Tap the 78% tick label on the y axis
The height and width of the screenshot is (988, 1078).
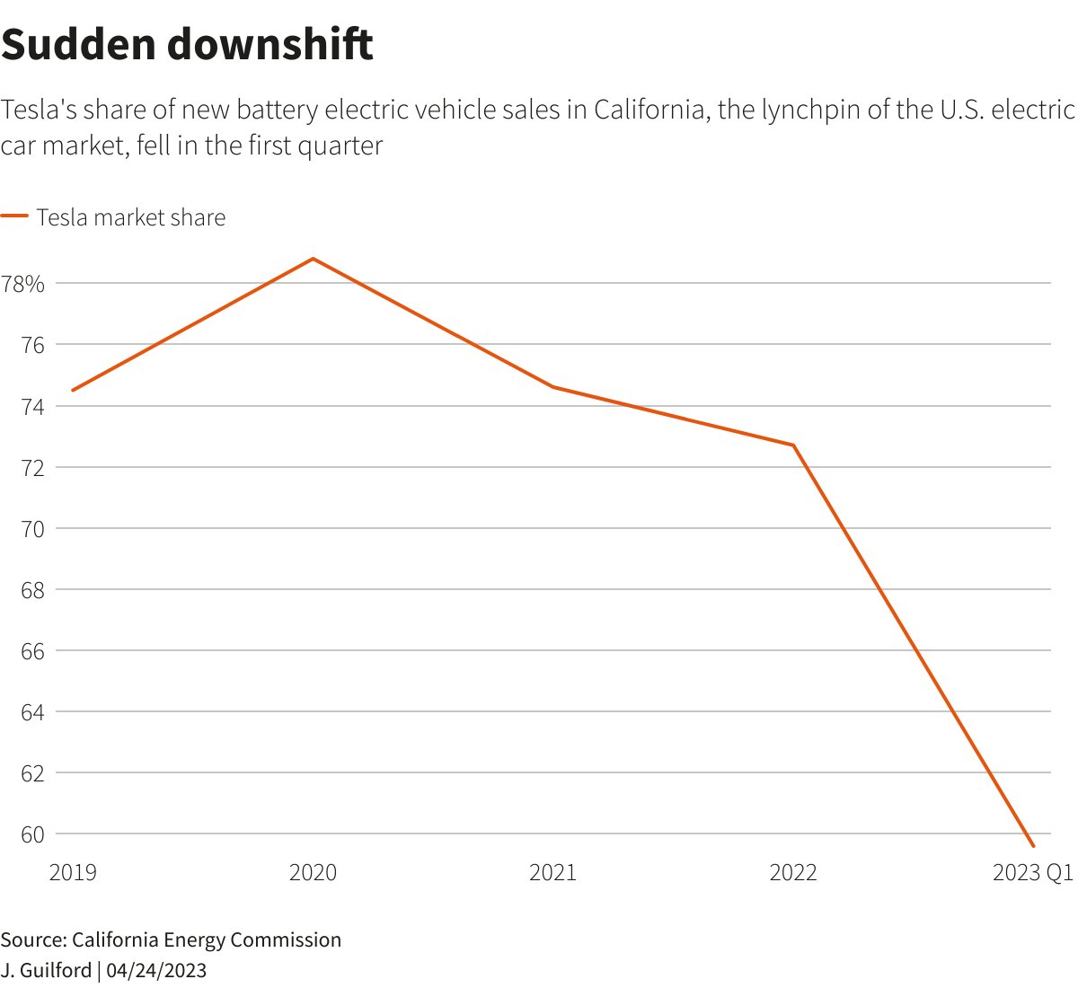(x=23, y=285)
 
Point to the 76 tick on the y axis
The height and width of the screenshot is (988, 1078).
(x=32, y=346)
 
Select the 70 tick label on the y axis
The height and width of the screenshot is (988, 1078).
(x=32, y=529)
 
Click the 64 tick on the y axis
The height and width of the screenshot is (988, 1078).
(x=32, y=712)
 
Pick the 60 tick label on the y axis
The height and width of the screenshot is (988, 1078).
(x=32, y=834)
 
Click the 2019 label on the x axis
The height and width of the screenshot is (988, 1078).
(x=73, y=872)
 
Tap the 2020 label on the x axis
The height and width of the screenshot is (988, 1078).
(x=313, y=872)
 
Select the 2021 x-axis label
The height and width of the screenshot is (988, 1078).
(x=552, y=872)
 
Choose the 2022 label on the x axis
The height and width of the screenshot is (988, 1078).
(x=793, y=872)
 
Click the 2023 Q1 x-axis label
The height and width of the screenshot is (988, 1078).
(x=1032, y=872)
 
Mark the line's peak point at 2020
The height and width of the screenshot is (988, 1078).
(x=313, y=259)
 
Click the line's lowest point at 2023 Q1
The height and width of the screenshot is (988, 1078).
(x=1033, y=846)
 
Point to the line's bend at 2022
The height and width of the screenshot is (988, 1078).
(x=793, y=445)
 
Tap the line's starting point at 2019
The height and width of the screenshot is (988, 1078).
(x=73, y=390)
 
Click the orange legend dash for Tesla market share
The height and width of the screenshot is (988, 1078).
(x=14, y=216)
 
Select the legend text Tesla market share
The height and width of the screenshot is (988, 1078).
(x=131, y=217)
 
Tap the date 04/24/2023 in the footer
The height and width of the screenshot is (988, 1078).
(x=156, y=970)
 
